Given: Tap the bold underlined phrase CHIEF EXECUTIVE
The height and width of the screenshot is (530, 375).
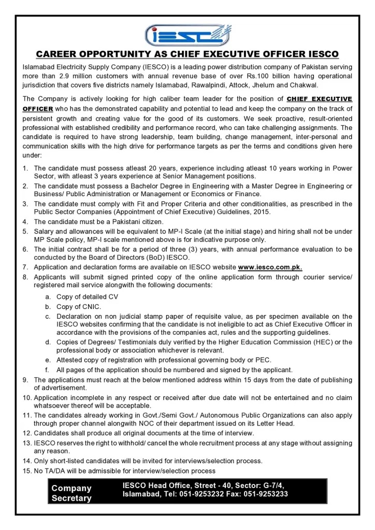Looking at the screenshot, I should pos(319,99).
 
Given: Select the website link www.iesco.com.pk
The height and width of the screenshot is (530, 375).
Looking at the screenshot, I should pos(270,268).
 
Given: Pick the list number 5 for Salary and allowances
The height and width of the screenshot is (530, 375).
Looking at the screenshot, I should pos(25,231).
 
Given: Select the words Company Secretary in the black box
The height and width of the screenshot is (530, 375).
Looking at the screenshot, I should pos(71,493).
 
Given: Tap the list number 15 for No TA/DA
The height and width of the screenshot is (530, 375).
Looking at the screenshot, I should pos(27,470).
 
